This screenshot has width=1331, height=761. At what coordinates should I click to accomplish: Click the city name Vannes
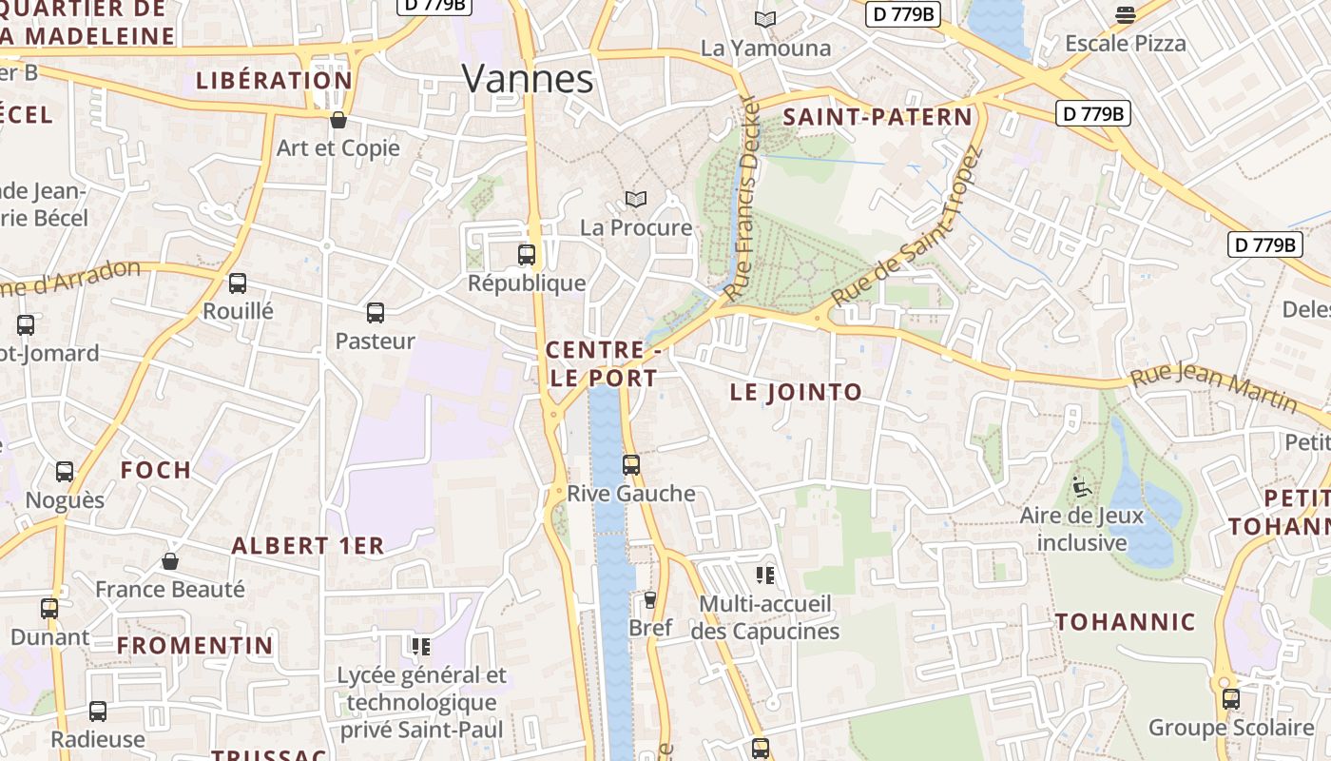pyautogui.click(x=529, y=78)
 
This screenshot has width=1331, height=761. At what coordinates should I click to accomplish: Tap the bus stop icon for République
pyautogui.click(x=527, y=255)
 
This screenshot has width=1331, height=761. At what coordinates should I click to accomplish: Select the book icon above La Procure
pyautogui.click(x=636, y=199)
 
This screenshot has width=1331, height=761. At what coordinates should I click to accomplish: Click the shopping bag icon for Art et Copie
pyautogui.click(x=338, y=120)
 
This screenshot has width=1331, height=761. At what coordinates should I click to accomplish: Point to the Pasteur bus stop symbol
pyautogui.click(x=376, y=313)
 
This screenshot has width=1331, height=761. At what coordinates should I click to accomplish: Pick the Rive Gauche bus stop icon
pyautogui.click(x=631, y=465)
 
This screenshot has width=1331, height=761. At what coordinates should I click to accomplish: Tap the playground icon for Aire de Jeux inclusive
pyautogui.click(x=1081, y=487)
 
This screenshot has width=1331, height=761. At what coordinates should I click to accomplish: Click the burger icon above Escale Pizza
pyautogui.click(x=1126, y=14)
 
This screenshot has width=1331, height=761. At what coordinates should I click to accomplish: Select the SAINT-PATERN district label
pyautogui.click(x=878, y=117)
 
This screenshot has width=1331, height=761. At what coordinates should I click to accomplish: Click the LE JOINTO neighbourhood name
pyautogui.click(x=796, y=392)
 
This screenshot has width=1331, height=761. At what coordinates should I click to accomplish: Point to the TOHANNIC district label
pyautogui.click(x=1126, y=622)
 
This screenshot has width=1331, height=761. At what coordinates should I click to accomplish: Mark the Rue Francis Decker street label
pyautogui.click(x=742, y=199)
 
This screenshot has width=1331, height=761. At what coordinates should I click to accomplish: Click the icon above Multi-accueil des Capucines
pyautogui.click(x=765, y=575)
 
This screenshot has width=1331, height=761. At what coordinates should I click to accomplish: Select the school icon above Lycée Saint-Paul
pyautogui.click(x=421, y=647)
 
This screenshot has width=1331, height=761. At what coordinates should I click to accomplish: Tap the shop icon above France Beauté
pyautogui.click(x=170, y=561)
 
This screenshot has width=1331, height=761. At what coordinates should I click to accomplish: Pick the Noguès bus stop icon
pyautogui.click(x=65, y=472)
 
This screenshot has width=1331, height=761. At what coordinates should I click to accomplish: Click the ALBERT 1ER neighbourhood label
pyautogui.click(x=308, y=546)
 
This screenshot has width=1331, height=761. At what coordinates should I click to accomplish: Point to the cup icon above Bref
pyautogui.click(x=650, y=599)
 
